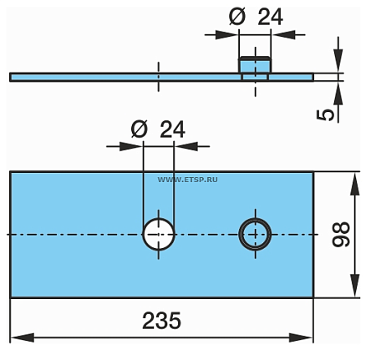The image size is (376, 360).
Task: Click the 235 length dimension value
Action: pos(162,322)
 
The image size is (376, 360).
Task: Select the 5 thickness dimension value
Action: pos(328,113)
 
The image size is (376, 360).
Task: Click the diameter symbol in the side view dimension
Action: pos(236,16)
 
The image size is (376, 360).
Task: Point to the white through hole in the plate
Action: pos(158,234)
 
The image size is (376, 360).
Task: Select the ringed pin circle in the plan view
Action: pos(255,234)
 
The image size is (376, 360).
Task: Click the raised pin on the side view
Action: pos(255,66)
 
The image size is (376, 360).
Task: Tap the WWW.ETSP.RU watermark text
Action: pos(186,179)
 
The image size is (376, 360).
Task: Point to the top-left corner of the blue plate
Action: pos(11,171)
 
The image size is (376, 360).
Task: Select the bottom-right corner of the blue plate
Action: pos(313,297)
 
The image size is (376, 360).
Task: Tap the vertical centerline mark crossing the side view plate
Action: pos(158,75)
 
